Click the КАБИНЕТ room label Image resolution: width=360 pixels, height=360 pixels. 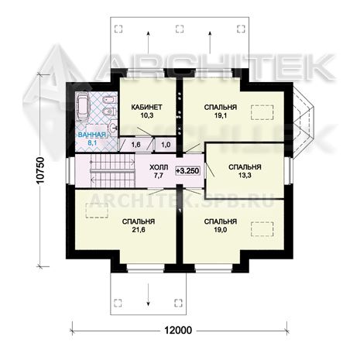click(x=146, y=107)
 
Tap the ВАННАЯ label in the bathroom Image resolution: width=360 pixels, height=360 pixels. click(x=92, y=135)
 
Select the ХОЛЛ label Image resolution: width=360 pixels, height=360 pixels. click(x=159, y=167)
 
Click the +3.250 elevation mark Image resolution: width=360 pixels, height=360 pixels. click(x=187, y=170)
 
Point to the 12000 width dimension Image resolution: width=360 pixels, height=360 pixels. click(x=178, y=330)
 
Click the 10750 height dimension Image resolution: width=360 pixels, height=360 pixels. click(x=40, y=171)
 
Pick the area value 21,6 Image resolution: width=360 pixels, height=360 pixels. click(x=139, y=230)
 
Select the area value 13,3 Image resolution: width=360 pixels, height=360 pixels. click(x=245, y=176)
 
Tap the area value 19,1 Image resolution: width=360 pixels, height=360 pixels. click(x=221, y=115)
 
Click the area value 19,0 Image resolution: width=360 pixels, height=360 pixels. click(x=221, y=230)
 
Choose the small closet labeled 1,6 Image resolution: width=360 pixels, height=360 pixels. click(x=136, y=145)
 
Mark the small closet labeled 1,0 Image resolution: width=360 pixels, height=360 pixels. click(x=166, y=145)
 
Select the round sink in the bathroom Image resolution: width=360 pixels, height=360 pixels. click(x=113, y=127)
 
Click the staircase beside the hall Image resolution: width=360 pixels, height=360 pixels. click(x=113, y=171)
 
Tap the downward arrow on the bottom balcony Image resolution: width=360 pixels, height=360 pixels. click(x=149, y=294)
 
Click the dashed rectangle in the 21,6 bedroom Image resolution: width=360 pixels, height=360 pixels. click(x=97, y=211)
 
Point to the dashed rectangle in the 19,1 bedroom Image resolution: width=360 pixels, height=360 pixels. click(x=262, y=112)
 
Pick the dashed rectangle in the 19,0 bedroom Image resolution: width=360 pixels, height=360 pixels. click(x=262, y=229)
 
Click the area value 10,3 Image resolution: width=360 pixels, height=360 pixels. click(x=147, y=115)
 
